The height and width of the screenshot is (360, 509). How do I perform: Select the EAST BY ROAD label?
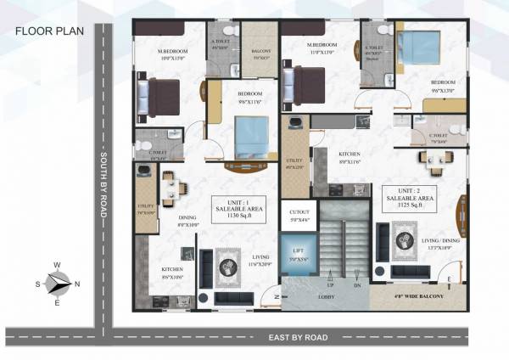pyautogui.click(x=298, y=337)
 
